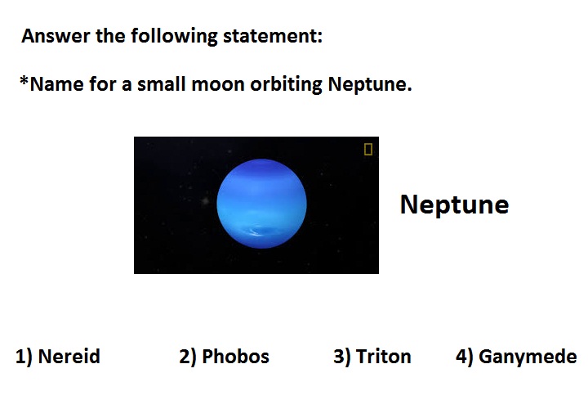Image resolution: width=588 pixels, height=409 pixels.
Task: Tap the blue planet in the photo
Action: tap(262, 204)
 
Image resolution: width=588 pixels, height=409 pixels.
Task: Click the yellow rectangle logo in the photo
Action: tap(367, 149)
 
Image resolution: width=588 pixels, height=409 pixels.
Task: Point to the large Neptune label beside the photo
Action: tap(454, 205)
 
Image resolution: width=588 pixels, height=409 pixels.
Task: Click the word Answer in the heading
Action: tap(56, 36)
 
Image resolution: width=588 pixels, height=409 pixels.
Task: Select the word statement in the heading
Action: tap(273, 36)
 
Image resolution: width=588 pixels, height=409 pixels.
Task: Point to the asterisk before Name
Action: tap(24, 80)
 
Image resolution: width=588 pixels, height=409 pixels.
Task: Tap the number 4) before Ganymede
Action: tap(465, 357)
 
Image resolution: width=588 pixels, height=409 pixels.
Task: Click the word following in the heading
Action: tap(174, 37)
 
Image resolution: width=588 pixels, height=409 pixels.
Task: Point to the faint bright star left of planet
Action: tap(205, 201)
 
